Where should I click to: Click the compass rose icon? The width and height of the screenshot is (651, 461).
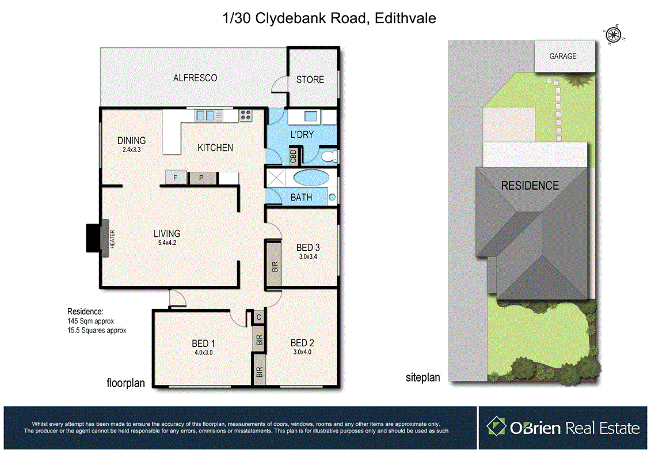[614, 35]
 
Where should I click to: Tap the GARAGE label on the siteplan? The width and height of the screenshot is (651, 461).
[562, 56]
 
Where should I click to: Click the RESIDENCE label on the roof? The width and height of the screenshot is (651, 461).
[530, 186]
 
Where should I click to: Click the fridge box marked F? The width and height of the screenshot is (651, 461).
[176, 178]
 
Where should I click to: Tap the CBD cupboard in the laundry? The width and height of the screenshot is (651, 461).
[293, 156]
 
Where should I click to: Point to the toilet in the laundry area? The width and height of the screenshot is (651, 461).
[328, 156]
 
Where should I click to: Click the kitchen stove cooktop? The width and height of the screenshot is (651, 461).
[246, 115]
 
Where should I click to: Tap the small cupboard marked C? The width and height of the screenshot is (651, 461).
[258, 316]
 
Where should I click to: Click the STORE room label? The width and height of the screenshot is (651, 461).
[310, 80]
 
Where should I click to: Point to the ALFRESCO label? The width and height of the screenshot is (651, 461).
[195, 77]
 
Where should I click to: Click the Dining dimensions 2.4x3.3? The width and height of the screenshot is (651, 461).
[131, 149]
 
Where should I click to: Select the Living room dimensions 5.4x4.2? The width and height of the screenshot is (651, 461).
[167, 243]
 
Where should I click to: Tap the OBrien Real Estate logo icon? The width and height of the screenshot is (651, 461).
[496, 427]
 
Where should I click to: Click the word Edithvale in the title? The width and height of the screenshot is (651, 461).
[405, 18]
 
